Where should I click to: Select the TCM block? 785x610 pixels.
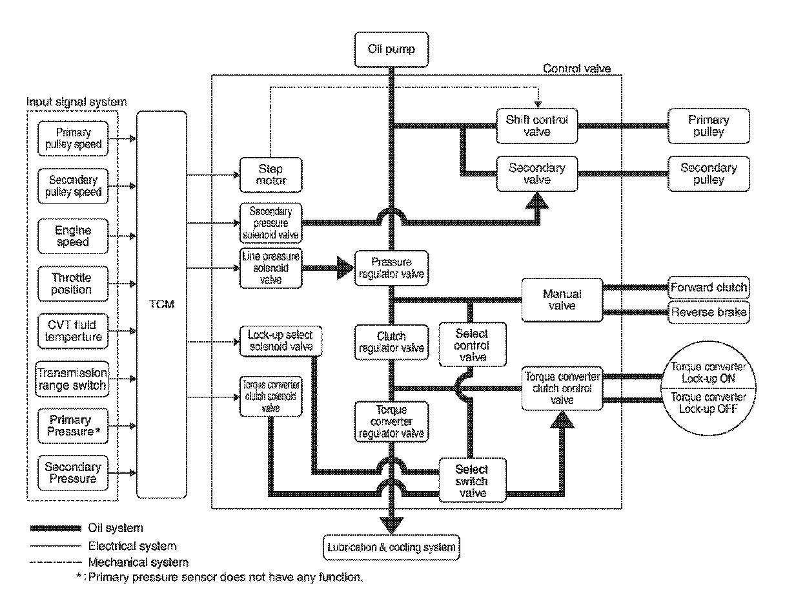point(161,304)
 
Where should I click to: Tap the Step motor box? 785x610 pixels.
point(271,175)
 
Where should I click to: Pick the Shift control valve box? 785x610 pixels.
point(537,125)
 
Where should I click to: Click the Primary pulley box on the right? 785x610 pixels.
point(708,126)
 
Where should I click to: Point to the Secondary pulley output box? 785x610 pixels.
point(708,174)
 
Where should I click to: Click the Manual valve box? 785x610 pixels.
point(561,299)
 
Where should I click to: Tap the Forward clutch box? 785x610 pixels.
point(708,288)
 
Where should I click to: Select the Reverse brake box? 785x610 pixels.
point(708,313)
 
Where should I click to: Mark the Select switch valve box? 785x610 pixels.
point(471,481)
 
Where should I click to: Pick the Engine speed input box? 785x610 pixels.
point(72,237)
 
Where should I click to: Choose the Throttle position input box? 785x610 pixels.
point(72,284)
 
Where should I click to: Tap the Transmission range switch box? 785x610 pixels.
point(72,379)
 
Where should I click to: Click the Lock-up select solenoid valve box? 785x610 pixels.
point(280,341)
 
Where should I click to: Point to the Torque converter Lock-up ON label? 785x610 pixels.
point(708,372)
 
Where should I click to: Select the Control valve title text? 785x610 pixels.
point(576,68)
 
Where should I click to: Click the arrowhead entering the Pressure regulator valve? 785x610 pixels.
point(345,266)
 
